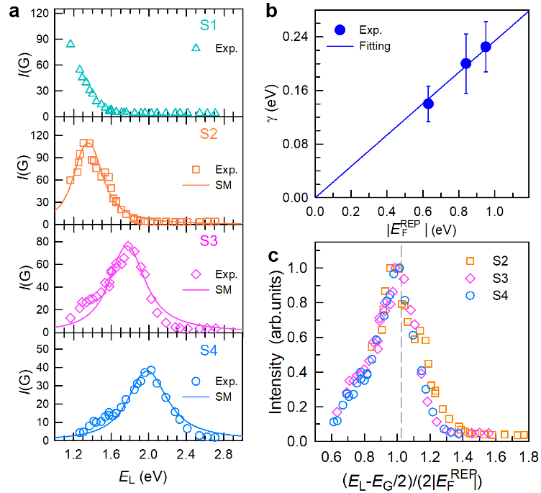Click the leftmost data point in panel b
pyautogui.click(x=428, y=104)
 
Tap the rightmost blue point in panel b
pyautogui.click(x=486, y=47)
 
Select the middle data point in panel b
pyautogui.click(x=465, y=63)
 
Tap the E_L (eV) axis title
pyautogui.click(x=135, y=476)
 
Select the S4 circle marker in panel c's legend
pyautogui.click(x=470, y=294)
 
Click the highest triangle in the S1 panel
pyautogui.click(x=71, y=44)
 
